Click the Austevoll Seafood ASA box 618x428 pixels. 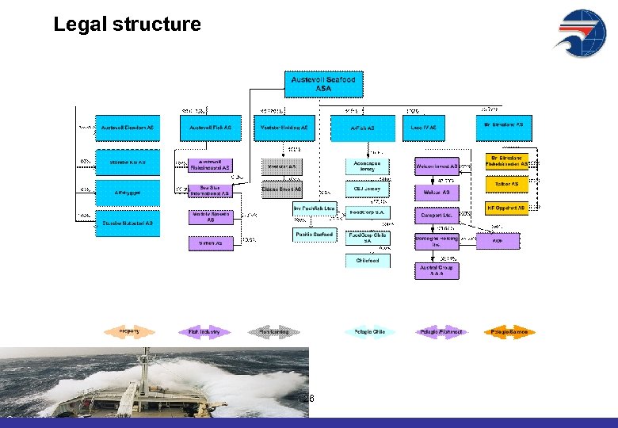tap(323, 84)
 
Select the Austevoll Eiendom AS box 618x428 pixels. tap(128, 127)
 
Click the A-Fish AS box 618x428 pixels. tap(362, 128)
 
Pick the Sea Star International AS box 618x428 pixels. tap(211, 190)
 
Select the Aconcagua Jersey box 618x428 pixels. tap(367, 166)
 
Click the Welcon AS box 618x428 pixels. tap(437, 192)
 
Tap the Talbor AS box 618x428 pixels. tap(506, 183)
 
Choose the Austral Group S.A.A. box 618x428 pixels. tap(437, 271)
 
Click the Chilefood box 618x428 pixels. tap(368, 260)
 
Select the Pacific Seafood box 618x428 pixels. tap(315, 235)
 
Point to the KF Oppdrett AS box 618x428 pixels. tap(506, 208)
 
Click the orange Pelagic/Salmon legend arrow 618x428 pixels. tap(509, 331)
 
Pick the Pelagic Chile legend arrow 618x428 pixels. tap(368, 331)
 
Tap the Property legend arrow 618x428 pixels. tap(129, 331)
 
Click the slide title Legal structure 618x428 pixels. tap(127, 25)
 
